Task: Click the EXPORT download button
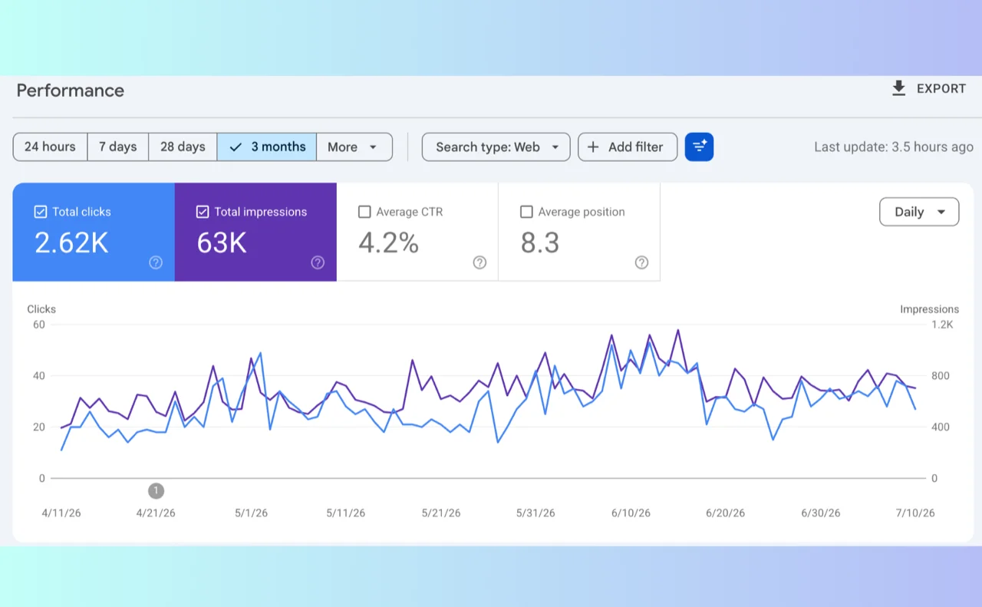[x=928, y=88]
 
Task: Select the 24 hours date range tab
[x=50, y=147]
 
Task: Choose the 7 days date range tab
[x=117, y=147]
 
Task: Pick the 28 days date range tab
[x=183, y=147]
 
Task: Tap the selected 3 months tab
[x=266, y=147]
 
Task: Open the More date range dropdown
[x=354, y=147]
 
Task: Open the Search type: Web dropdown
[x=496, y=147]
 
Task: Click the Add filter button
[x=628, y=147]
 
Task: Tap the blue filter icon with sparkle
[x=699, y=147]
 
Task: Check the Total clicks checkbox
[x=41, y=212]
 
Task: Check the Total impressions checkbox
[x=202, y=212]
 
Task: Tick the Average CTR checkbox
[x=364, y=212]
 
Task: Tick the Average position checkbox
[x=526, y=212]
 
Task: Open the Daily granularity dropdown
[x=919, y=212]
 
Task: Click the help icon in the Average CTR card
[x=479, y=262]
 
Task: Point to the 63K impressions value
[x=222, y=242]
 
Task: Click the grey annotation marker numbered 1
[x=156, y=491]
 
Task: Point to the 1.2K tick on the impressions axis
[x=942, y=325]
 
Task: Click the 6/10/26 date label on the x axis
[x=631, y=513]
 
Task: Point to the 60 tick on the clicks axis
[x=39, y=325]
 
